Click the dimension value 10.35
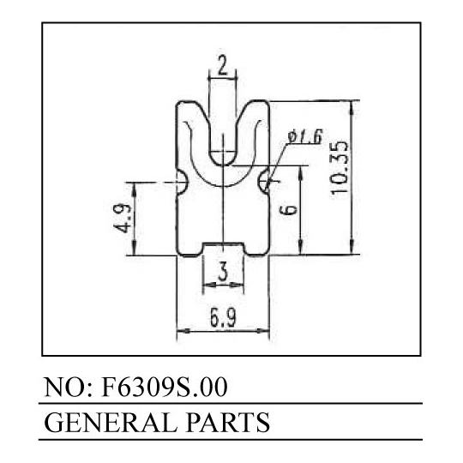(x=340, y=167)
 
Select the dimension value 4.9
(x=123, y=218)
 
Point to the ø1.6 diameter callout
(x=305, y=136)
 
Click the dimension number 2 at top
(x=223, y=65)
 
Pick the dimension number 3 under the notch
(x=223, y=272)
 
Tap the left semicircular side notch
(x=182, y=182)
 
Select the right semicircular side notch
(x=264, y=181)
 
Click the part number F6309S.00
(x=164, y=387)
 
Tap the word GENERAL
(x=110, y=423)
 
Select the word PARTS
(x=228, y=423)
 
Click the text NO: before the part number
(x=69, y=387)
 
